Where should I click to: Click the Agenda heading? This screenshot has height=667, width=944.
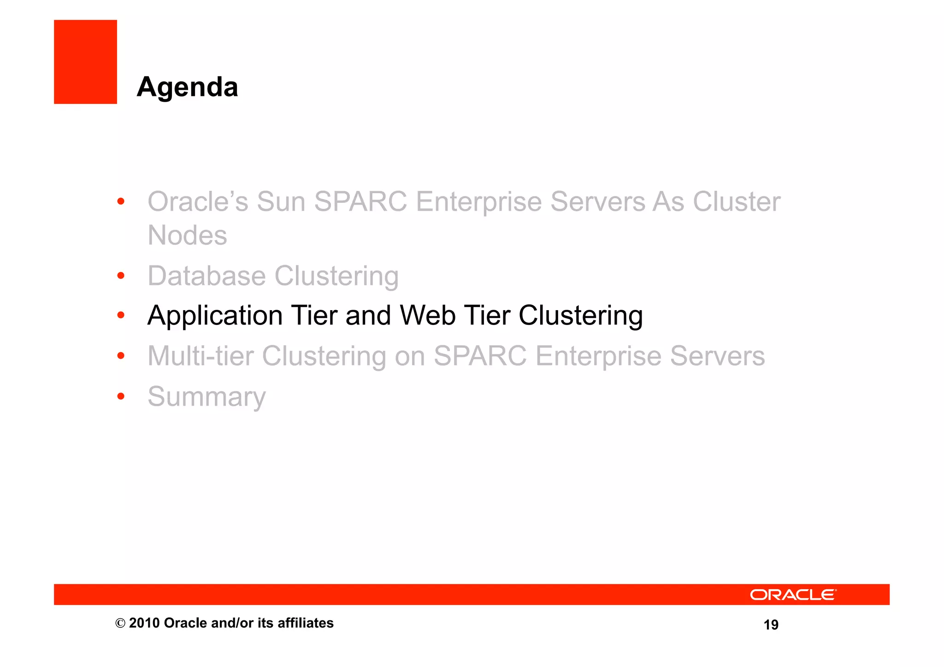coord(187,87)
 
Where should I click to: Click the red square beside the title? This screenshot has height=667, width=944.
coord(85,62)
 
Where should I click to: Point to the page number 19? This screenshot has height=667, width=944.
coord(771,625)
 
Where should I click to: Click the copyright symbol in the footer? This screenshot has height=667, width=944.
coord(120,623)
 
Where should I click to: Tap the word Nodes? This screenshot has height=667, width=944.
coord(187,235)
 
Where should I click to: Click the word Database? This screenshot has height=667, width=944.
coord(206,276)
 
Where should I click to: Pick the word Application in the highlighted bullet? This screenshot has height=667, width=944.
coord(215,316)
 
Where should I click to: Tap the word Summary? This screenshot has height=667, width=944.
coord(206,396)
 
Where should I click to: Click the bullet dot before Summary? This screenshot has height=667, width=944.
coord(121,396)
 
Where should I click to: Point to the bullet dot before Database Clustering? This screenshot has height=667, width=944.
coord(121,276)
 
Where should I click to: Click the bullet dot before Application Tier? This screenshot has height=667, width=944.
coord(121,315)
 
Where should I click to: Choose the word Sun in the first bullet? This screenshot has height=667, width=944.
coord(281,201)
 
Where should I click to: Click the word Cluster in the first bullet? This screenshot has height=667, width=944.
coord(736,201)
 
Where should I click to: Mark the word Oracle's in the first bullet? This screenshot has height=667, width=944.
coord(198,201)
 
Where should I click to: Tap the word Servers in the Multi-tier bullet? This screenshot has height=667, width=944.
coord(717,356)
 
